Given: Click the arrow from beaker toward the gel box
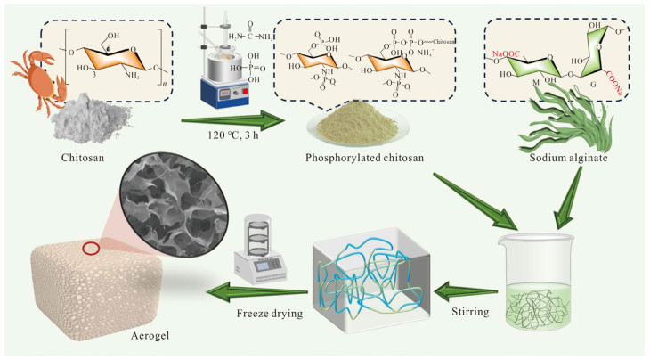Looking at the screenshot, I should point(467,288).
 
